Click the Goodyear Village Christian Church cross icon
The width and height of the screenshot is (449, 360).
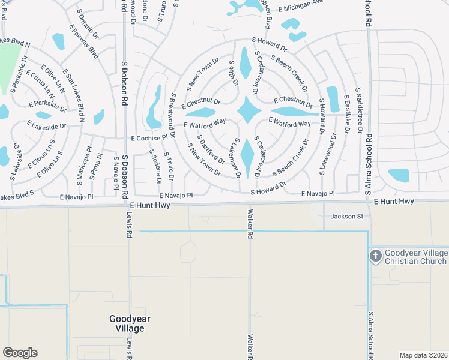[376, 256]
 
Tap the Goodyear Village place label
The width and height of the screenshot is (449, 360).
[127, 324]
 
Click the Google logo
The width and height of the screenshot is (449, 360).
[20, 353]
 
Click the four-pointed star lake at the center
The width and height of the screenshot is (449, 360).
[248, 111]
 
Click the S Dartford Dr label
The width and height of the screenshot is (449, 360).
[211, 154]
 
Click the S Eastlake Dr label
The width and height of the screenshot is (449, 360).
[346, 113]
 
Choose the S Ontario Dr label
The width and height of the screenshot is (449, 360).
[88, 20]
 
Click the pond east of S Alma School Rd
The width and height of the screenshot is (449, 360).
[398, 175]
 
